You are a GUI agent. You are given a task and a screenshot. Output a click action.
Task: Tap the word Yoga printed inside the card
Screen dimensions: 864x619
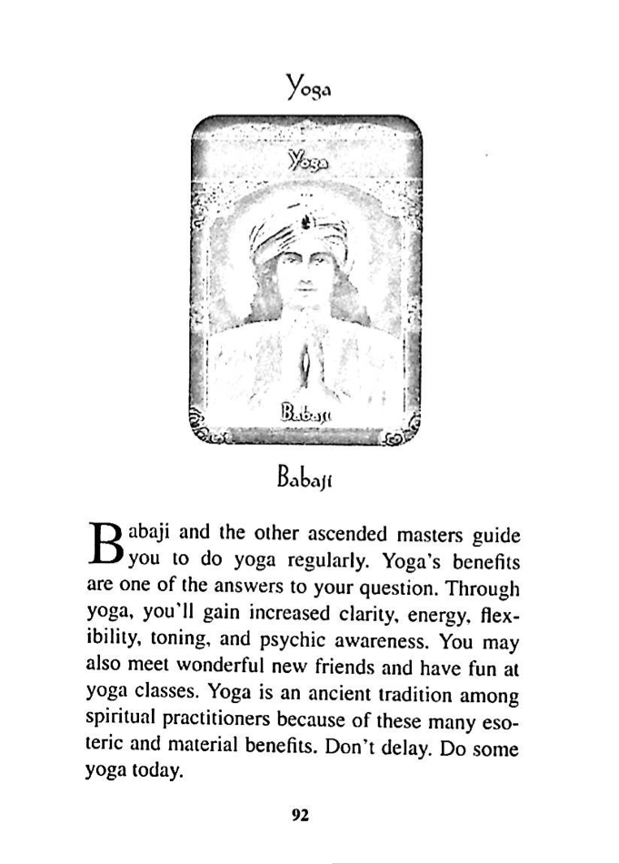[305, 162]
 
